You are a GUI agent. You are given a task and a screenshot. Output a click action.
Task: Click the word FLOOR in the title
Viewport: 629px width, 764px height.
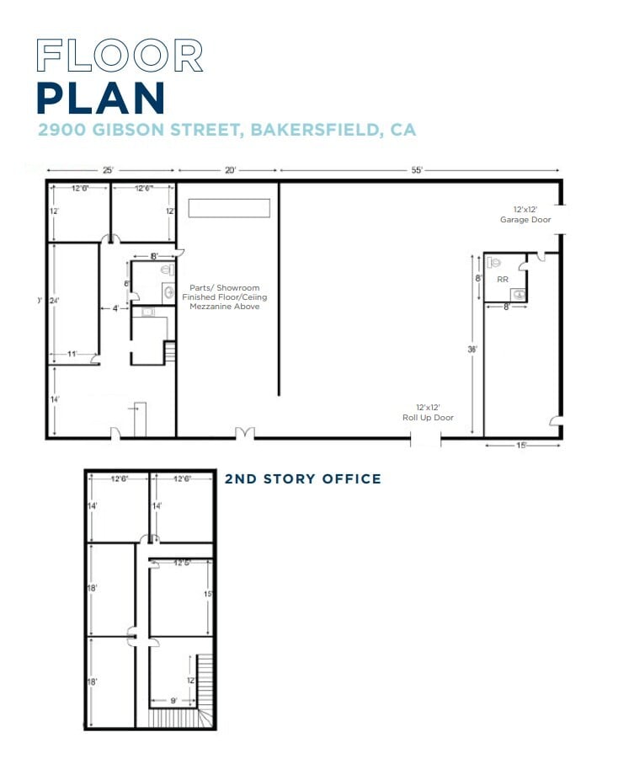pos(120,56)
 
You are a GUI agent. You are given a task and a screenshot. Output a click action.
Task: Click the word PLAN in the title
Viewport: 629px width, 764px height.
pos(100,98)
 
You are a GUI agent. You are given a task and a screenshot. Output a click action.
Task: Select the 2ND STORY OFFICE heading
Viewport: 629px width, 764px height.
pos(302,479)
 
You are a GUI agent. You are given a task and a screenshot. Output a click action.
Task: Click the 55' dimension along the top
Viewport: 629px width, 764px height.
pos(417,170)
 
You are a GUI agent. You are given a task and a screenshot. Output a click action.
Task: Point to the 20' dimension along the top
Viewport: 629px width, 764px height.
pos(230,170)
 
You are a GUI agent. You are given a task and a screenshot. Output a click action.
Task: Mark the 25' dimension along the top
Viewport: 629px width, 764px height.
pos(109,170)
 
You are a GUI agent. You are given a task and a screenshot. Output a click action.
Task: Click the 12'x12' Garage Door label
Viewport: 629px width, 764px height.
pos(525,215)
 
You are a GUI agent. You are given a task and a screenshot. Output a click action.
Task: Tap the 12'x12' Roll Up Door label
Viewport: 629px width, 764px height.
pos(428,412)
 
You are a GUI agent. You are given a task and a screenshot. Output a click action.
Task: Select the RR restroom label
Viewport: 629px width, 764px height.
pos(503,279)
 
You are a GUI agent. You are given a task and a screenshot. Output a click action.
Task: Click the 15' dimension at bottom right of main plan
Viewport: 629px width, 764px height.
pos(522,446)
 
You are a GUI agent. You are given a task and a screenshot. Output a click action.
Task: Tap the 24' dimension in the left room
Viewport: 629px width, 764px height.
pos(56,299)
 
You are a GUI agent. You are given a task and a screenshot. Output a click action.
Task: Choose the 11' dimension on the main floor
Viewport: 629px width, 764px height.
pos(73,355)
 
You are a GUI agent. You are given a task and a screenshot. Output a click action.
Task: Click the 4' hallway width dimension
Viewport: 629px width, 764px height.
pos(115,308)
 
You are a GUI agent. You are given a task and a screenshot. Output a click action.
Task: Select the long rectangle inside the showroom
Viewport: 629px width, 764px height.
pos(229,208)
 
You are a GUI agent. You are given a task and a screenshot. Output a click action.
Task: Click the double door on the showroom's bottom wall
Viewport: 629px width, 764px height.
pos(244,434)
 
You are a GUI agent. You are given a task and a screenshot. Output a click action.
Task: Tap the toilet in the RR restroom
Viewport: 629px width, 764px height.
pos(497,262)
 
